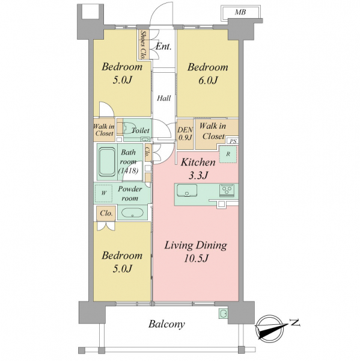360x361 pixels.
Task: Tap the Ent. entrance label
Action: [163, 47]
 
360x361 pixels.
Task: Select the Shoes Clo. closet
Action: [143, 45]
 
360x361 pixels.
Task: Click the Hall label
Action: [164, 99]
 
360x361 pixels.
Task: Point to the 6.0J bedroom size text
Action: [208, 81]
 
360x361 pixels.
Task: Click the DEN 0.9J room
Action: [185, 134]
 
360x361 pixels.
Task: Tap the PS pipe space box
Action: [233, 141]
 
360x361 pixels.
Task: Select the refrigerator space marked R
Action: [228, 154]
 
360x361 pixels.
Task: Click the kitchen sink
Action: [186, 190]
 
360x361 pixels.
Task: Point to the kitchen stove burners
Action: [227, 190]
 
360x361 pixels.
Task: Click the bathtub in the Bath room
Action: [107, 162]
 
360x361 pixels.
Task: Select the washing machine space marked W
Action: [103, 193]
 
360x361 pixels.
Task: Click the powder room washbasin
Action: [132, 212]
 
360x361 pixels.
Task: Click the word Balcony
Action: [166, 324]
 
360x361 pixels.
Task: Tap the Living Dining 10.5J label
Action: [196, 251]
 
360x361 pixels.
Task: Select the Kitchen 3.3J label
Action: [198, 168]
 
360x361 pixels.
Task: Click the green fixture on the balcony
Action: [223, 313]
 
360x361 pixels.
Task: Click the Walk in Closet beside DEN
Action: [213, 131]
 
